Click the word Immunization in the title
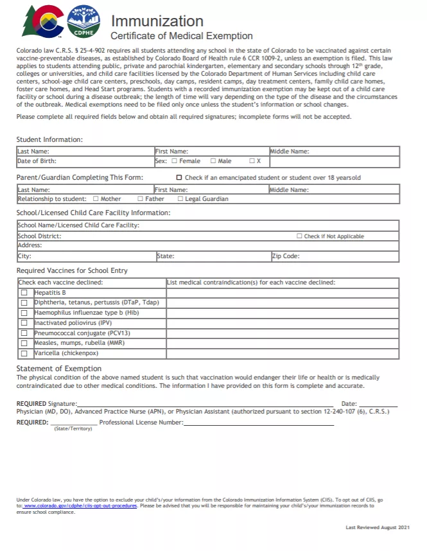[x=157, y=21]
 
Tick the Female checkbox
[x=174, y=161]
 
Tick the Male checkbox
[x=213, y=161]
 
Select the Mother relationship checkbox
[x=96, y=199]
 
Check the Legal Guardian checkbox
[x=180, y=199]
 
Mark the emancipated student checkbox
[x=179, y=177]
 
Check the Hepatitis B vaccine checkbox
[x=24, y=293]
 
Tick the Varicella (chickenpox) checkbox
[x=24, y=353]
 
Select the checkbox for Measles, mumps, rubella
[x=24, y=343]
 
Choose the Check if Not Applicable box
[x=299, y=236]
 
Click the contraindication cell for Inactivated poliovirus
[x=283, y=323]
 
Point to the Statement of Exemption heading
[x=58, y=369]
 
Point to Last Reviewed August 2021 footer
[x=378, y=527]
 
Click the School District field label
[x=39, y=236]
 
